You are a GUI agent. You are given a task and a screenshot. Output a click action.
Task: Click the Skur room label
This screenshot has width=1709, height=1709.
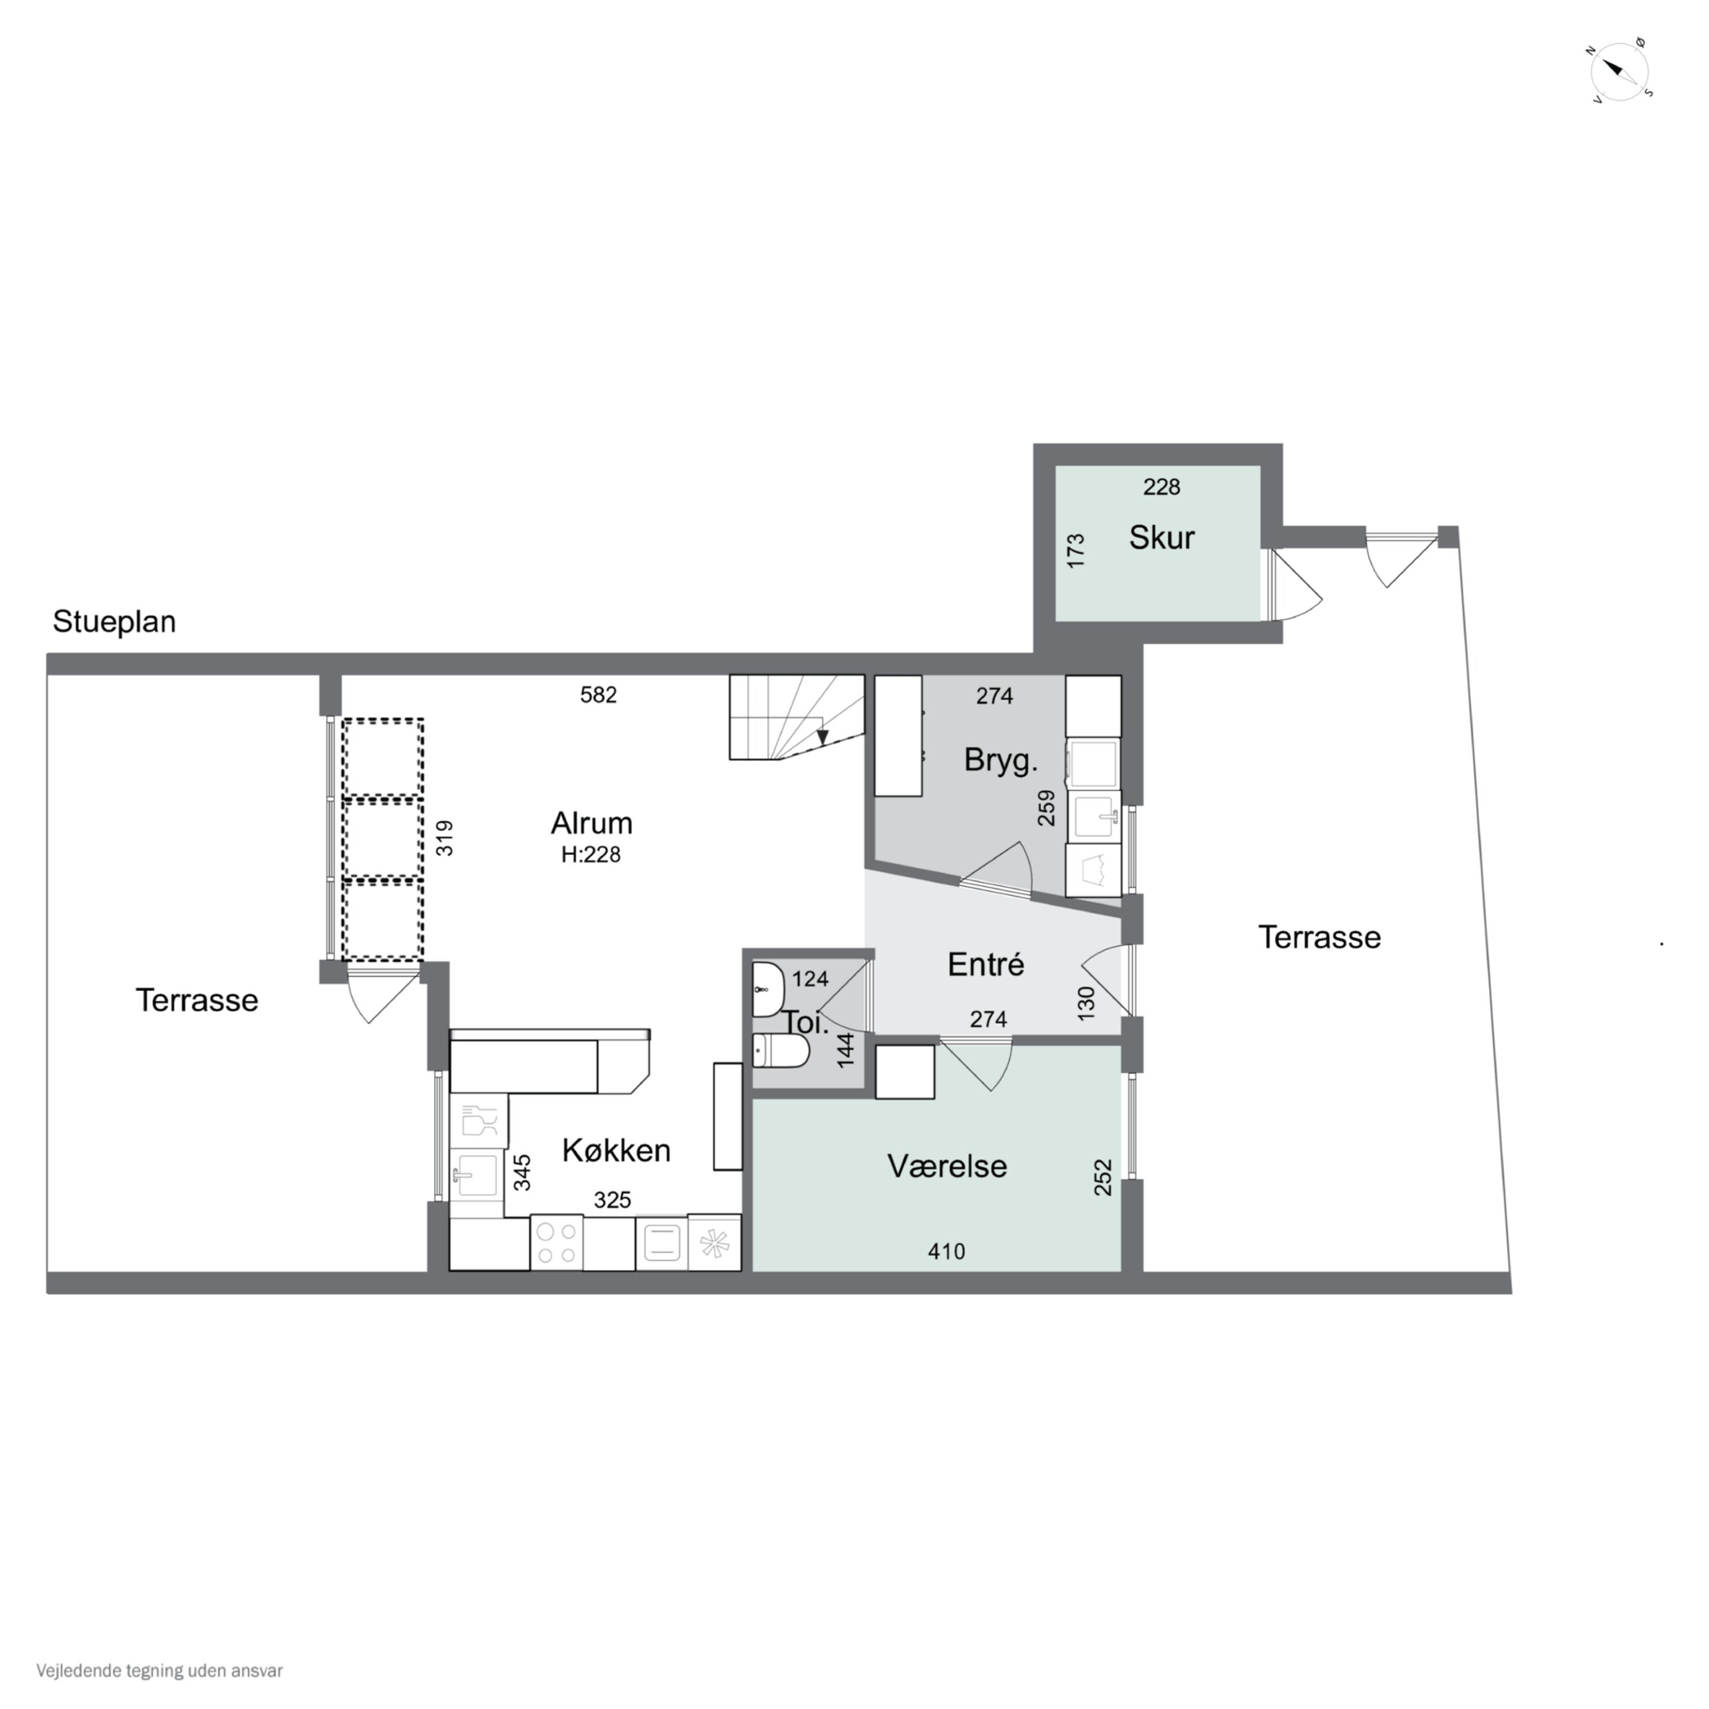[x=1162, y=538]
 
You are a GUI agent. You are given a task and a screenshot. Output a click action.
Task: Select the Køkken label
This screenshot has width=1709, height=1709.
[x=616, y=1150]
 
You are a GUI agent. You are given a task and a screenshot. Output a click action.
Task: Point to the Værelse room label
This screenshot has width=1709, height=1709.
[x=946, y=1166]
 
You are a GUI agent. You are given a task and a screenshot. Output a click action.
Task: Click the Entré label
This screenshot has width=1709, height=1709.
[x=986, y=964]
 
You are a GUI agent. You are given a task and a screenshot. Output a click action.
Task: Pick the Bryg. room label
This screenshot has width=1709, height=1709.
[x=1000, y=761]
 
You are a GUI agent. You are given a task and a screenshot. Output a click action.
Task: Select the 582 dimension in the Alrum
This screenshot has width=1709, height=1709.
[x=598, y=695]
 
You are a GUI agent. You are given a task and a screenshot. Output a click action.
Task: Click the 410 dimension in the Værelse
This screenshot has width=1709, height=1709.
[x=946, y=1252]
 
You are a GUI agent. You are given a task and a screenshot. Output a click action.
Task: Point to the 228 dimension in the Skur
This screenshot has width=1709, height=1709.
[x=1162, y=486]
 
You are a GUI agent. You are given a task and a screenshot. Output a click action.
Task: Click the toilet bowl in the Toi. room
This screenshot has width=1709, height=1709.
[x=781, y=1052]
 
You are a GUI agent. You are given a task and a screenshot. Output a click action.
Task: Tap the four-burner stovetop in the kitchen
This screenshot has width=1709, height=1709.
[x=557, y=1244]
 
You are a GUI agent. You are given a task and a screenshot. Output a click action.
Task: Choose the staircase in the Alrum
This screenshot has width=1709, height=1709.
[x=796, y=717]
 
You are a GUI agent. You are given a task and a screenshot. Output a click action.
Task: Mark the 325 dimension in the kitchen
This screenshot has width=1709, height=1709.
[x=612, y=1200]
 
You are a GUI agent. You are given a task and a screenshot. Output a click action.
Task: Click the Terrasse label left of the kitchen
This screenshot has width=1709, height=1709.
[x=197, y=1000]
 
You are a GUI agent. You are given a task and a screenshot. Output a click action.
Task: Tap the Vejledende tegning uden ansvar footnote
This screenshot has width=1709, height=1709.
[x=160, y=1671]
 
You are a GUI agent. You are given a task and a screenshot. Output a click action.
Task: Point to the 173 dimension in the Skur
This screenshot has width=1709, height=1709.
[x=1076, y=550]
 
